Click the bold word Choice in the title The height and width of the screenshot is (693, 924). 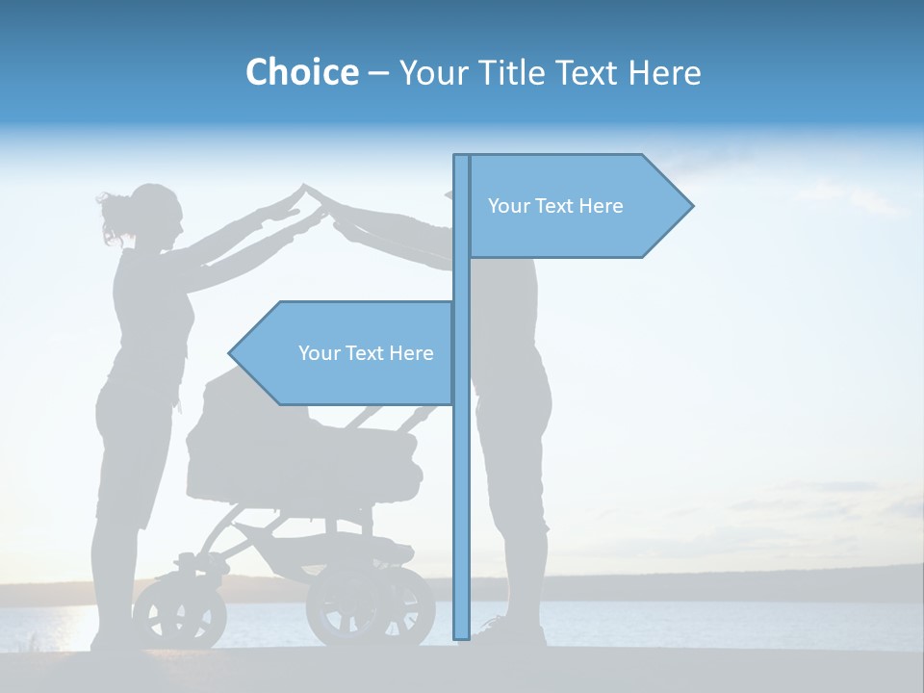301,72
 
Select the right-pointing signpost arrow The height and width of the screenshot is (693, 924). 577,206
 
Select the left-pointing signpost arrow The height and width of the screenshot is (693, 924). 346,353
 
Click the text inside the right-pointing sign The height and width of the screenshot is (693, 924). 555,206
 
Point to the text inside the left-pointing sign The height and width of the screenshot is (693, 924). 366,353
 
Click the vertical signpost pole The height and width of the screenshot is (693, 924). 461,481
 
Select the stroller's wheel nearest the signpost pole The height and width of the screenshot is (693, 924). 371,606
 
